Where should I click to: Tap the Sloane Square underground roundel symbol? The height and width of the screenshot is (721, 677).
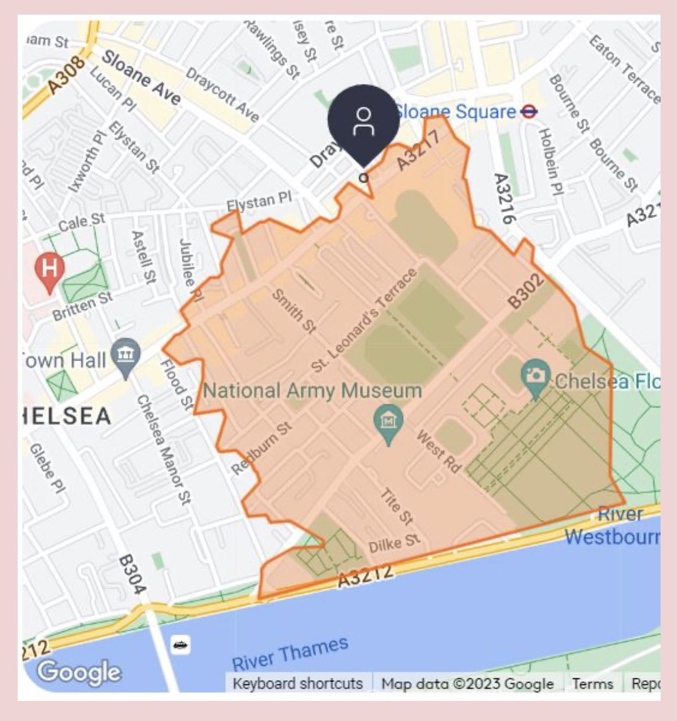click(529, 111)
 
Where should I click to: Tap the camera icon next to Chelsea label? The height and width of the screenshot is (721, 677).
click(536, 375)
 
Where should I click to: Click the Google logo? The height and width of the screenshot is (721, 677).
click(79, 672)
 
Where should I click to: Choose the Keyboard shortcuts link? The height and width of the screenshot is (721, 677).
click(298, 683)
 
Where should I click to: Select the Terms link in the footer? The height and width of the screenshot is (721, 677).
click(593, 683)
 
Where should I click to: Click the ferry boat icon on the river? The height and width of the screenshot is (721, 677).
click(180, 644)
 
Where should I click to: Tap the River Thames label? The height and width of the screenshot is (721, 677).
click(290, 653)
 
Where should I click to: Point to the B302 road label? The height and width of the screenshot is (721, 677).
click(525, 293)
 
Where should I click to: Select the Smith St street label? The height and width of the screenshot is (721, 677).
click(294, 311)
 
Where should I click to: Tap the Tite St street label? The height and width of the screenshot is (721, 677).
click(397, 506)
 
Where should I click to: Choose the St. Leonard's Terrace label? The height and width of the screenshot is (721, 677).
click(364, 320)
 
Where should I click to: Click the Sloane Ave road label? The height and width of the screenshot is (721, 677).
click(141, 77)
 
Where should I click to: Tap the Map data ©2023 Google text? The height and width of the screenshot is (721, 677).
click(468, 683)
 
